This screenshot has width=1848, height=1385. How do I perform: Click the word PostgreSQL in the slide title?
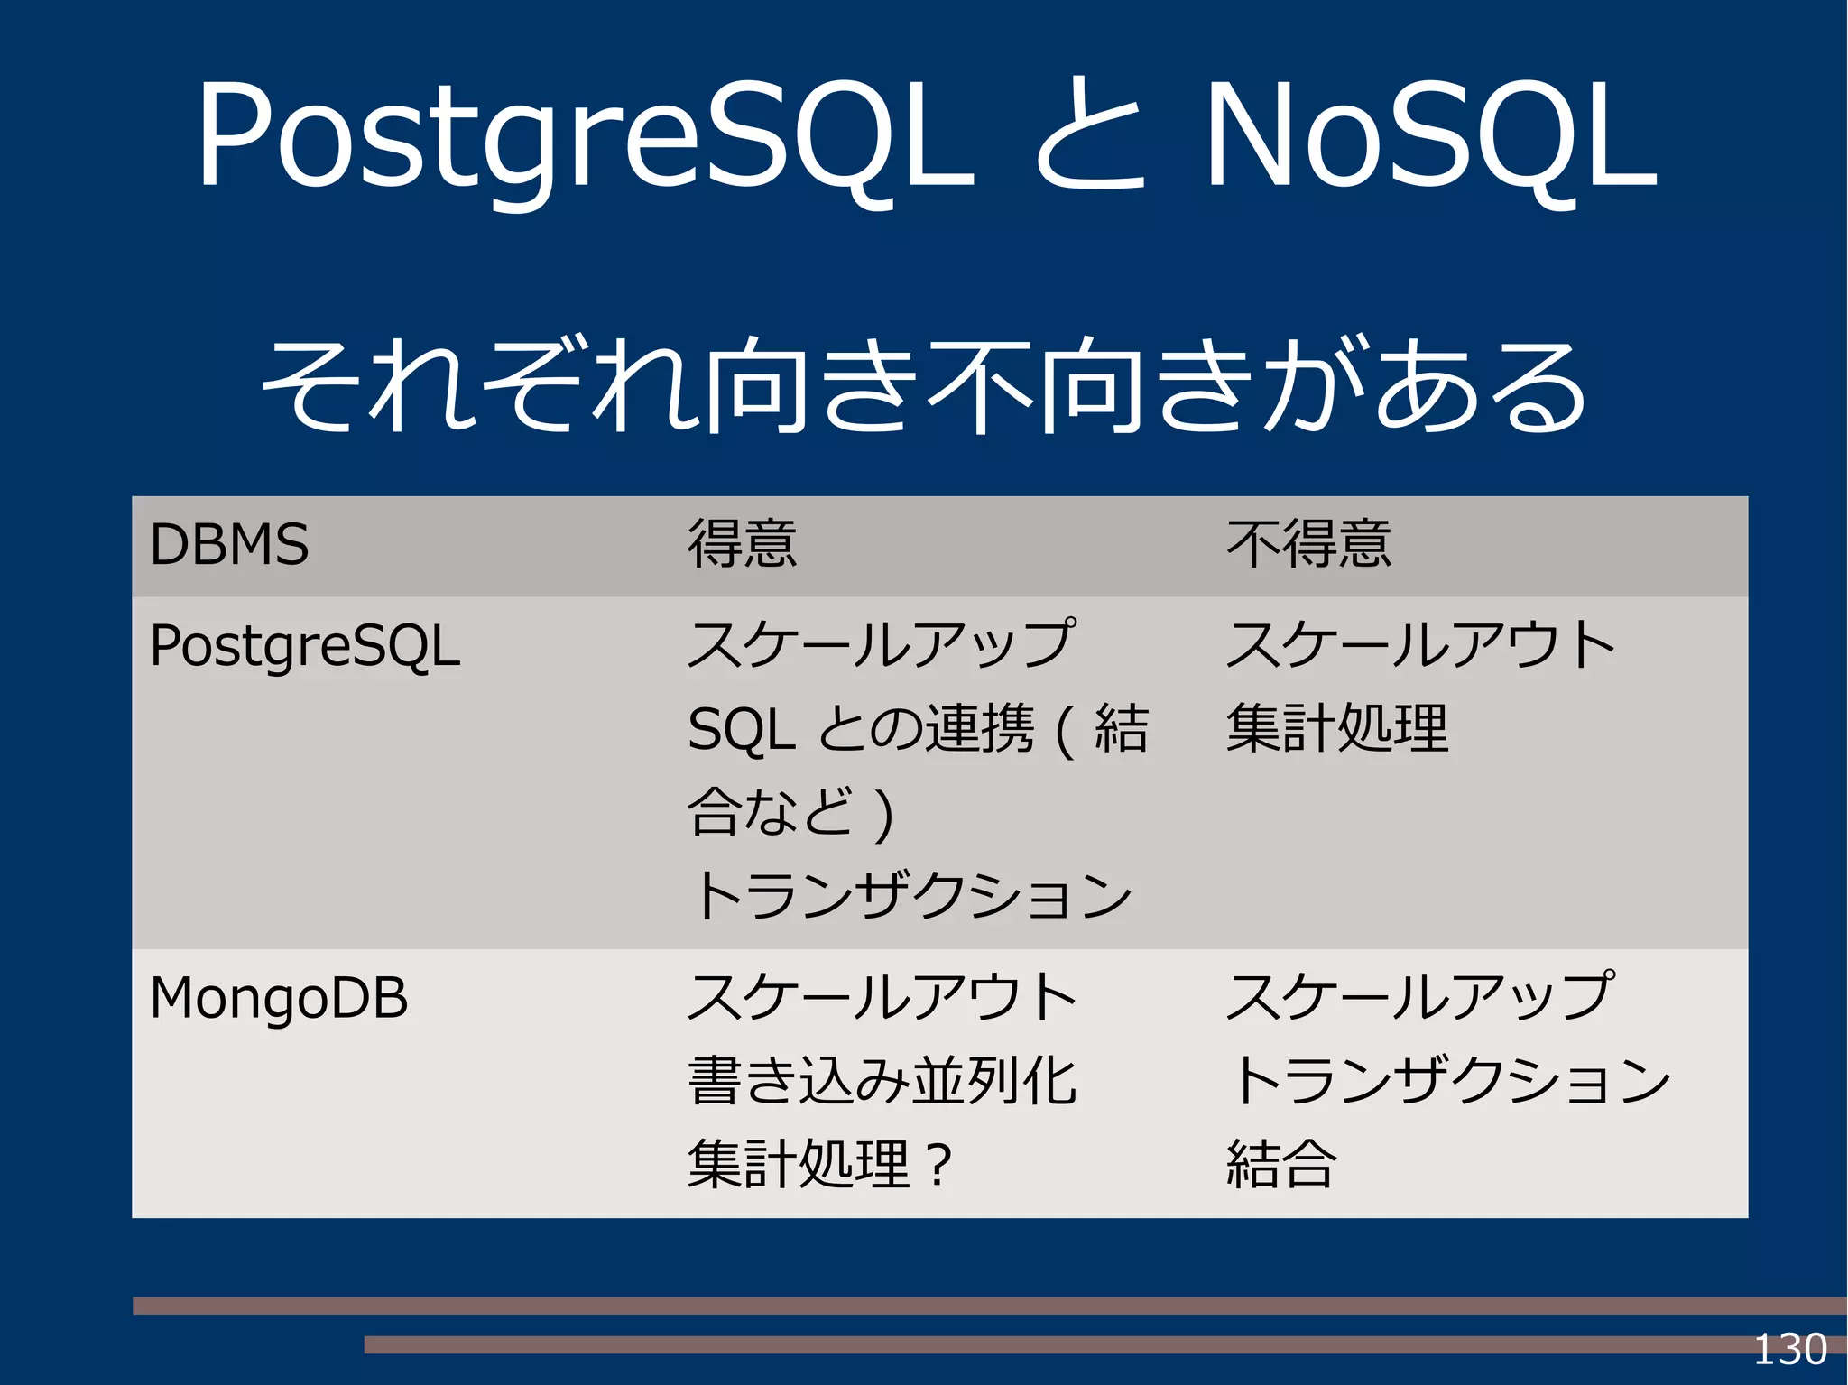585,135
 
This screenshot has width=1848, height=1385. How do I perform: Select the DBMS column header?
229,545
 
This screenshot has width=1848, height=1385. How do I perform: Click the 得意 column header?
743,545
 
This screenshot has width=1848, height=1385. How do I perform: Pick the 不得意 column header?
1308,545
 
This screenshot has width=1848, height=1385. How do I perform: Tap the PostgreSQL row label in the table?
305,646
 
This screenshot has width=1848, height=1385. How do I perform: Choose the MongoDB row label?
279,998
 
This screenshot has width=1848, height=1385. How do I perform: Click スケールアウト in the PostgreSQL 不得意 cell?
1420,644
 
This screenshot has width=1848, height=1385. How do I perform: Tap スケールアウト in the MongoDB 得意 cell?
882,997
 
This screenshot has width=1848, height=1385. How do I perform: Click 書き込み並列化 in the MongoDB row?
882,1080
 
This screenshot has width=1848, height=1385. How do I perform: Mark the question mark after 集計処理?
938,1165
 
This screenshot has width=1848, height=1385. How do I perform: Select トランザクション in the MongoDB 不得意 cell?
1449,1080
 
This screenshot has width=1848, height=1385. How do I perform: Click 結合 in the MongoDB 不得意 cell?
1281,1164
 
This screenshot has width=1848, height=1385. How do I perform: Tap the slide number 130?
1789,1350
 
